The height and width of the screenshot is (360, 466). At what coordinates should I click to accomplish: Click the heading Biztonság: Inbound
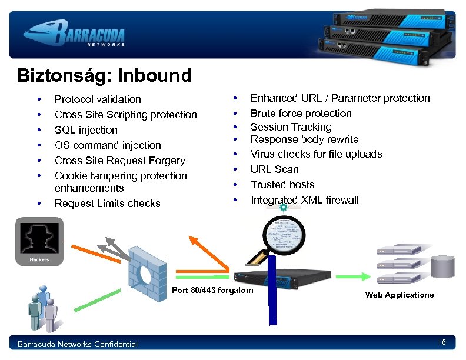click(104, 76)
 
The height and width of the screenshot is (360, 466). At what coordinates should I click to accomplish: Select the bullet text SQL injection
click(86, 130)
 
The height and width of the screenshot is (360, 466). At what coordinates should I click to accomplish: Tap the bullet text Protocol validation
click(98, 99)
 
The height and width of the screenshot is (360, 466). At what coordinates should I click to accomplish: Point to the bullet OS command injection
click(108, 145)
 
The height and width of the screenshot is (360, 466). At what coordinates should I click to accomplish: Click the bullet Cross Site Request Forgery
click(119, 161)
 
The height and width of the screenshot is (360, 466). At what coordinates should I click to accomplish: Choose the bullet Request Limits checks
click(107, 204)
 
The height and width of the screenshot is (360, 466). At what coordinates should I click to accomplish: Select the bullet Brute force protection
click(301, 114)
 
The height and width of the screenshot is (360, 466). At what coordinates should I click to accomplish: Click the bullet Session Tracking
click(291, 127)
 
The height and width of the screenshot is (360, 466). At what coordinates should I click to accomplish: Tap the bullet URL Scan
click(274, 169)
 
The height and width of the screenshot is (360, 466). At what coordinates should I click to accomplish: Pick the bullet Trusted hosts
click(282, 185)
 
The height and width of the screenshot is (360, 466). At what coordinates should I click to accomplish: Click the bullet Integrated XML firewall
click(304, 200)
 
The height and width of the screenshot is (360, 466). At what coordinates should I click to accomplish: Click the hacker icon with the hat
click(39, 237)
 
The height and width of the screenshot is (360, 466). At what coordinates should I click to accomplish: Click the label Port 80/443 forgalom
click(212, 290)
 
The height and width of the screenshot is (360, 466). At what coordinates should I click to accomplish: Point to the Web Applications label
click(399, 295)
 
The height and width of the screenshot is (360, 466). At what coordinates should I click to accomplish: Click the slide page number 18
click(442, 343)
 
